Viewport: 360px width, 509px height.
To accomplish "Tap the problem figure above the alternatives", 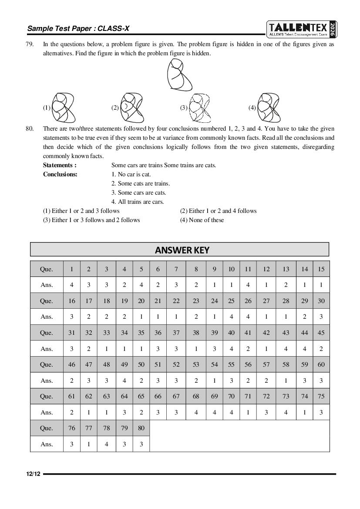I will point(179,74).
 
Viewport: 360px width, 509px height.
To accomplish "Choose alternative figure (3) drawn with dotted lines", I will point(200,108).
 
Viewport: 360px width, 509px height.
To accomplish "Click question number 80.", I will point(30,128).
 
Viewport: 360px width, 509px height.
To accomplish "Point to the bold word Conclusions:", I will point(60,174).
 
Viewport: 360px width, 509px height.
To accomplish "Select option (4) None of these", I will point(202,220).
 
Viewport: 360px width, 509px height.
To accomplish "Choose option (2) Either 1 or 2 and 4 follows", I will point(218,211).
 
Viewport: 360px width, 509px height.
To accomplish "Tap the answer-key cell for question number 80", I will point(141,428).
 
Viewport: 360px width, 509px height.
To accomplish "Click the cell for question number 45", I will point(321,333).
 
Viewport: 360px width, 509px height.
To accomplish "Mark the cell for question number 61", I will point(72,396).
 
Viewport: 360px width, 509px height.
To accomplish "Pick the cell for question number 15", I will point(321,269).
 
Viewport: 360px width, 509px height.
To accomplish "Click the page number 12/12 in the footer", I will point(33,474).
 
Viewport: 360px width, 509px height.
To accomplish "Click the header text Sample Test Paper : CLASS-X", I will point(78,29).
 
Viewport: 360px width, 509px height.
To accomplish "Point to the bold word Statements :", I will point(60,165).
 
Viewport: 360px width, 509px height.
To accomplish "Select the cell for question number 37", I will point(176,333).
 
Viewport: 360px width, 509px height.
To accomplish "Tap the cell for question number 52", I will point(176,364).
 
